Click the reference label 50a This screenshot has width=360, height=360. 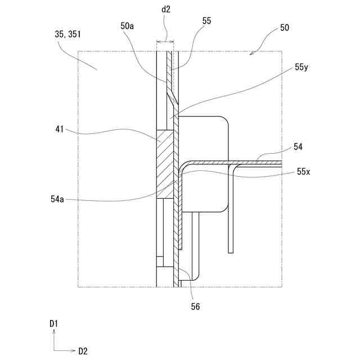coord(127,25)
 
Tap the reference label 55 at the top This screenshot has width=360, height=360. coord(206,20)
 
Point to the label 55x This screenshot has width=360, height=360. coord(303,172)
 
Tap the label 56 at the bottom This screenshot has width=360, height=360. coord(195,307)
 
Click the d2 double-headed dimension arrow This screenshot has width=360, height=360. coord(165,41)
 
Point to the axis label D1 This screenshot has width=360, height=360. coord(54,323)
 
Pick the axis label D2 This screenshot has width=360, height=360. coord(83,351)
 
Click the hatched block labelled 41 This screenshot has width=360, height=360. coord(165,163)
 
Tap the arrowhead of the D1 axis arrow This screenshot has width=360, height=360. coord(54,332)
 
